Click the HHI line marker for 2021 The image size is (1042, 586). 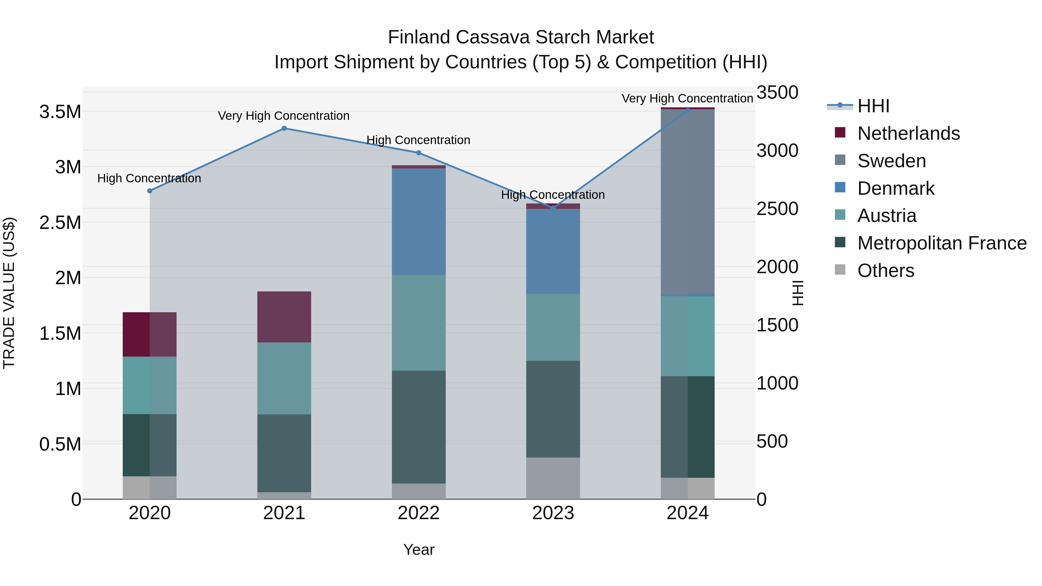(x=284, y=128)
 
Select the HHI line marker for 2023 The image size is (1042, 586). (x=553, y=208)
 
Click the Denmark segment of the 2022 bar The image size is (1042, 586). (x=419, y=222)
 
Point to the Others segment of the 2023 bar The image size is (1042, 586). (x=553, y=478)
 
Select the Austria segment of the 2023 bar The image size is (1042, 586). (x=553, y=327)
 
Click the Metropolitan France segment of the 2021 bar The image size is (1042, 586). (x=284, y=453)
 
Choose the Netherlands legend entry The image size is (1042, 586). (x=908, y=133)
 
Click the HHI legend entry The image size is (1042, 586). (x=873, y=106)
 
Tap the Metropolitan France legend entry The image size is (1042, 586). (x=942, y=243)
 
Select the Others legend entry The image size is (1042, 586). (x=885, y=271)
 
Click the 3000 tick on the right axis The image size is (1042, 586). (x=777, y=150)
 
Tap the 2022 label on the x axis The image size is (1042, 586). (x=419, y=513)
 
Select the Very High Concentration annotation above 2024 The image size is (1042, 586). (x=687, y=98)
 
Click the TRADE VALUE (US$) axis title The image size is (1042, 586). (x=9, y=293)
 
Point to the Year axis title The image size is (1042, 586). (x=419, y=550)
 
